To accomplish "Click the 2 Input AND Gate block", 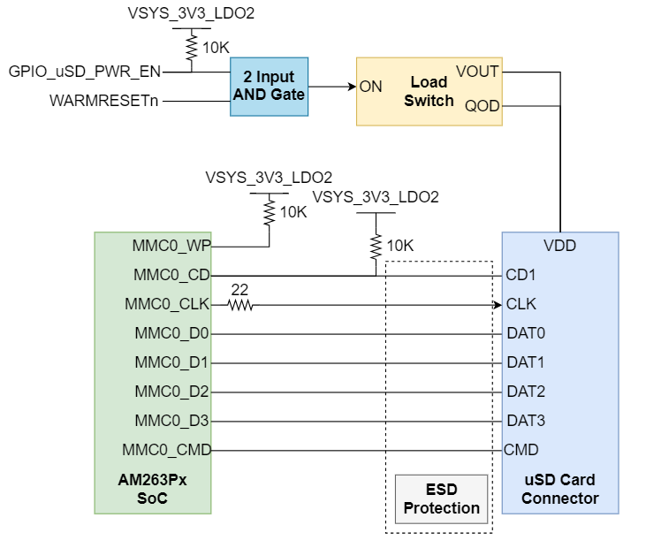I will coord(269,87).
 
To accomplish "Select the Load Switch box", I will coord(429,91).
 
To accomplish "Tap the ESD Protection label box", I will coord(441,499).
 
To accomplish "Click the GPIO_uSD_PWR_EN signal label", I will coord(85,71).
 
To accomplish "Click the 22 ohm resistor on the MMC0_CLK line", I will coord(239,305).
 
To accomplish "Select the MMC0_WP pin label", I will coord(171,246).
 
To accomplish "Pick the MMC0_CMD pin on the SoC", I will coord(166,450).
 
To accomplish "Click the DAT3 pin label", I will coord(525,421).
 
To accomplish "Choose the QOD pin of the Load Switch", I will coord(482,106).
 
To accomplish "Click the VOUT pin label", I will coord(477,72).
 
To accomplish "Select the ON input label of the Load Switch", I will coord(370,87).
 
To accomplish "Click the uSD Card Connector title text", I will coord(559,489).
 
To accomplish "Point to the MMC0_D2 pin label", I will coord(171,392).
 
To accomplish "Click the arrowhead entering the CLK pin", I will coord(497,305).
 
